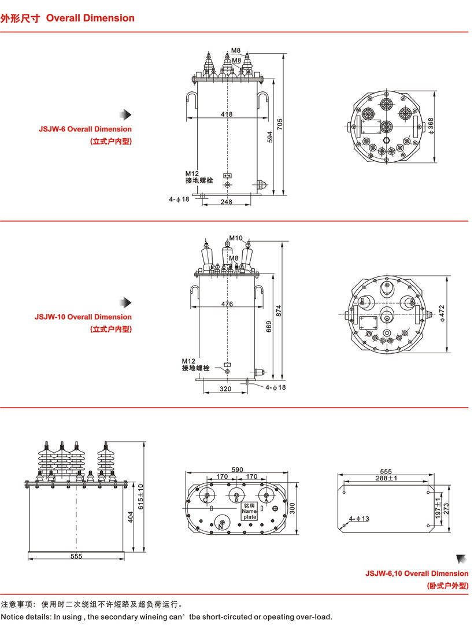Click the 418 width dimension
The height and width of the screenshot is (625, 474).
[x=227, y=114]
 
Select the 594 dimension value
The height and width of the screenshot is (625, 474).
[x=269, y=136]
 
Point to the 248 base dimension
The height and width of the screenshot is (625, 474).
[x=226, y=201]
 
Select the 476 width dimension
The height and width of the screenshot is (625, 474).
[x=227, y=304]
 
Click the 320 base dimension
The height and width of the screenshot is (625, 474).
[x=225, y=389]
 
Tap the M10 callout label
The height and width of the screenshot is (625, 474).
[x=235, y=238]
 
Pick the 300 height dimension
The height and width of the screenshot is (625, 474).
[x=292, y=508]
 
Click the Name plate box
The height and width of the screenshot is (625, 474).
[x=249, y=511]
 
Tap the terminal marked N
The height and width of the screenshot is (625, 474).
[x=221, y=526]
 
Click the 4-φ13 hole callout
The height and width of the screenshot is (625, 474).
[x=359, y=519]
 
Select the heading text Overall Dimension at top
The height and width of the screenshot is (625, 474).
[x=90, y=18]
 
